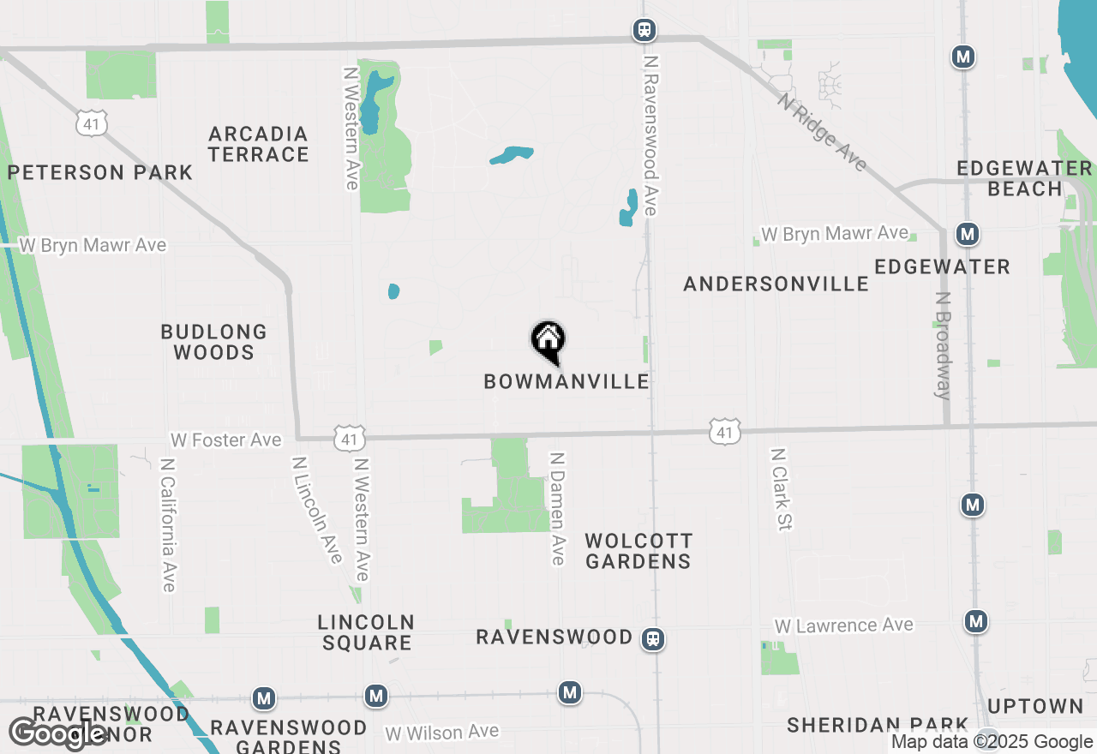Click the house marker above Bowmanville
click(548, 341)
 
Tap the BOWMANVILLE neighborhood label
click(566, 381)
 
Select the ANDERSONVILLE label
click(776, 284)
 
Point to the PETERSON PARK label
click(100, 172)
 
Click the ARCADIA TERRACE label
click(258, 144)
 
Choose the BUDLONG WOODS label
click(214, 342)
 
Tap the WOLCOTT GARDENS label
click(638, 551)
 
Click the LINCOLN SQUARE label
click(366, 632)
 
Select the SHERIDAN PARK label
click(878, 725)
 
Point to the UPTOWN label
click(1035, 706)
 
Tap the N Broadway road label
click(943, 346)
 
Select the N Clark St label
click(780, 489)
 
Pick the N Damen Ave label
click(558, 509)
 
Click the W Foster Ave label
click(225, 440)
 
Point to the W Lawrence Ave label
click(844, 626)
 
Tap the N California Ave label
click(168, 524)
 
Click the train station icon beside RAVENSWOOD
click(654, 639)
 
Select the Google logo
click(57, 733)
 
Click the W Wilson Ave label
click(441, 733)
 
